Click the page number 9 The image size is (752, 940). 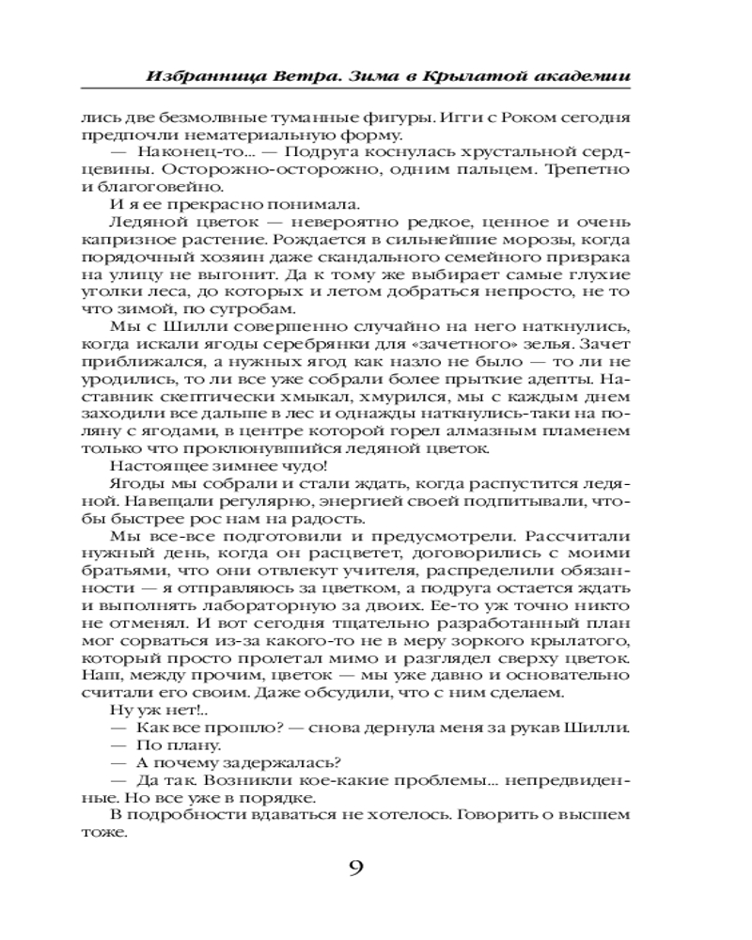coord(355,867)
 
